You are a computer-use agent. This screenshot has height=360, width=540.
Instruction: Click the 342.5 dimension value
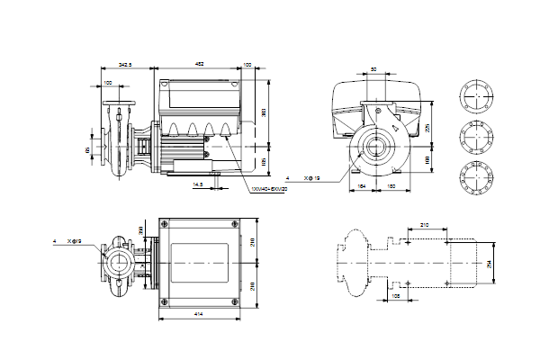(x=125, y=66)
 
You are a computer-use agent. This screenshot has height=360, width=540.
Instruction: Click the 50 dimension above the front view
(x=374, y=70)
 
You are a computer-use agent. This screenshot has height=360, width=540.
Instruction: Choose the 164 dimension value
(x=361, y=186)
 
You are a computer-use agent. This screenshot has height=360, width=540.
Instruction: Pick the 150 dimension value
(x=391, y=186)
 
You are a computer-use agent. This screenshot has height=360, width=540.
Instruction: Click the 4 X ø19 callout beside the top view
(x=68, y=241)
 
